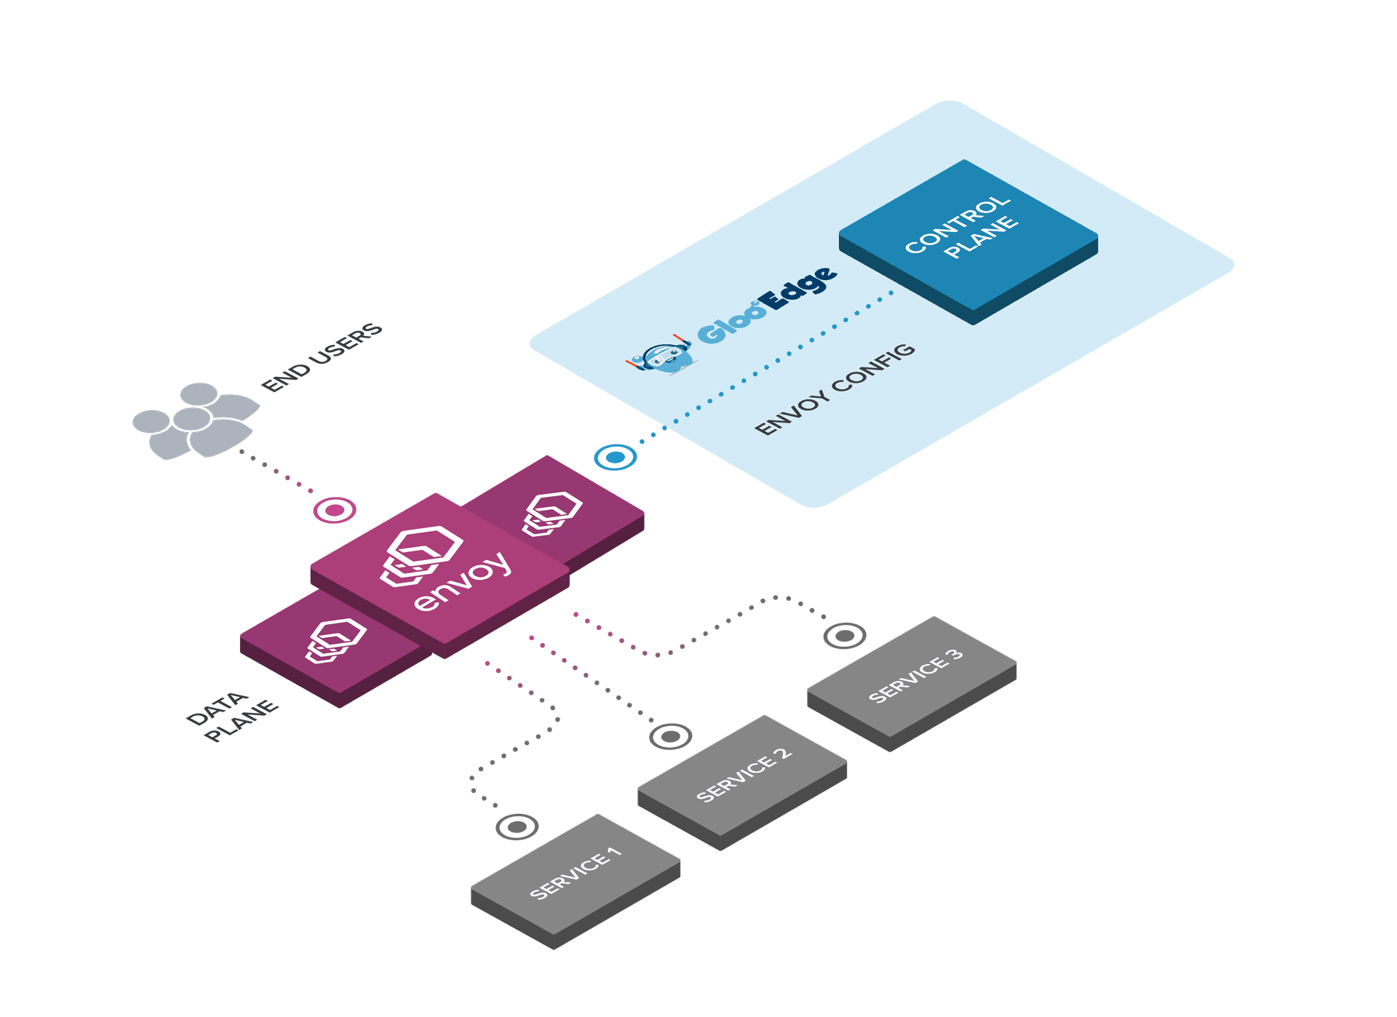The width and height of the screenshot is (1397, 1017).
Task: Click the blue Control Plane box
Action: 968,240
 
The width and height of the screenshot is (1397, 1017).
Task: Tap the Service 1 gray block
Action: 576,881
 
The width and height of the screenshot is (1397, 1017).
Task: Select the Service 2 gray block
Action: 742,782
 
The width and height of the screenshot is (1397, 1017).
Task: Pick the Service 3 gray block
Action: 912,683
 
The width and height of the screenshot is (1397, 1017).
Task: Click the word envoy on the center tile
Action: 463,580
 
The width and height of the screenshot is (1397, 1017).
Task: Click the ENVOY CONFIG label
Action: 835,388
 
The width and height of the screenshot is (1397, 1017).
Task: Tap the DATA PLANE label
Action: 232,717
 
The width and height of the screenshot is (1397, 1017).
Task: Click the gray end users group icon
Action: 195,420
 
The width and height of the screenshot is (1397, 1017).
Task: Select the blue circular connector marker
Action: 616,457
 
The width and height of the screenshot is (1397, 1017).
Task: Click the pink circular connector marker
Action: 335,510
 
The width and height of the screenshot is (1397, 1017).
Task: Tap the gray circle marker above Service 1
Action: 517,826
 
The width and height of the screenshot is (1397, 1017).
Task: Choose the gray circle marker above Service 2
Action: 670,736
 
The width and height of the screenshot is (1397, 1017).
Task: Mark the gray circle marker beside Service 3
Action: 845,635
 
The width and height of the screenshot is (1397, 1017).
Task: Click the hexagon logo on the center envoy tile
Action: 421,555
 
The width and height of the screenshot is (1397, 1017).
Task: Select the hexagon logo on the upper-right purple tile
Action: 552,513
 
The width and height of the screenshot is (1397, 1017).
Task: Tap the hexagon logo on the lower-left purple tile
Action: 336,640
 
